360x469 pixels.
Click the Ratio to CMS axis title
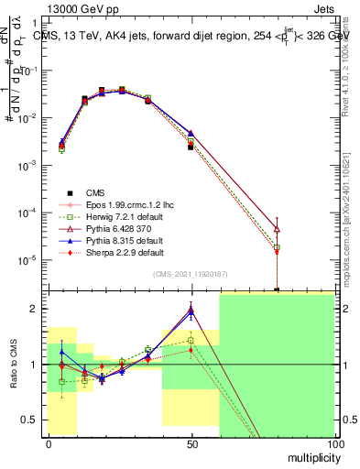pyautogui.click(x=15, y=365)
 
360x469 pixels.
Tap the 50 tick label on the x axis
pyautogui.click(x=191, y=443)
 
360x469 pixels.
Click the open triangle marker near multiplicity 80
pyautogui.click(x=277, y=229)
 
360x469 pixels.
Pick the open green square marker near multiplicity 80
pyautogui.click(x=277, y=247)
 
